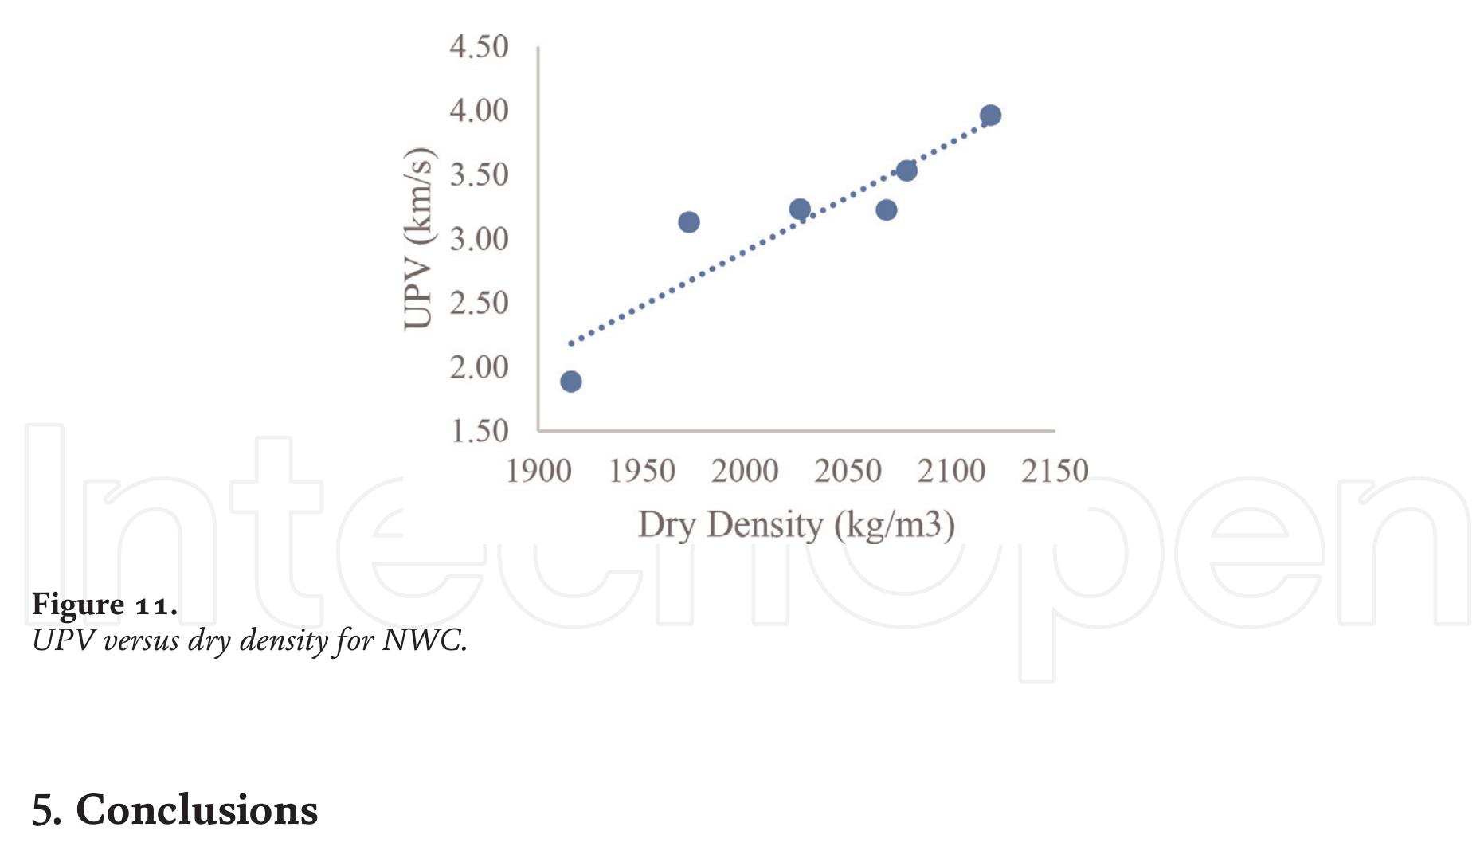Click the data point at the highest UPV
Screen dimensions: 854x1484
990,116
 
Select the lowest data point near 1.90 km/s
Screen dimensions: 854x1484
571,382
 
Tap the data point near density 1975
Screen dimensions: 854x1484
689,222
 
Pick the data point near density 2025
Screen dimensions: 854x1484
800,210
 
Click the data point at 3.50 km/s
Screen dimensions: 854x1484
906,170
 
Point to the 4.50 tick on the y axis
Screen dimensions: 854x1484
479,47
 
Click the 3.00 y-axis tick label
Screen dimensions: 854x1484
479,239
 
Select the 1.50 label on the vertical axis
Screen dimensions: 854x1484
479,431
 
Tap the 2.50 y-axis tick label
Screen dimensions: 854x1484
479,304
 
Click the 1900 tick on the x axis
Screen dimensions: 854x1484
539,472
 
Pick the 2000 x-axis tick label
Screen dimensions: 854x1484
745,472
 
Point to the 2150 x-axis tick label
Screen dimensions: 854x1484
1055,472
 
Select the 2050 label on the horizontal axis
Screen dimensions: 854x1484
848,472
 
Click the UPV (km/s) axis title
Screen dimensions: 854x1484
419,239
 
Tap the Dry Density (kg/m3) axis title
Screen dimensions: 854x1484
797,526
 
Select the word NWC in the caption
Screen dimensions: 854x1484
423,640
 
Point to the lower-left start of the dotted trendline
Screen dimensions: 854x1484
571,343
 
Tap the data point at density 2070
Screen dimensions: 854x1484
887,210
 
